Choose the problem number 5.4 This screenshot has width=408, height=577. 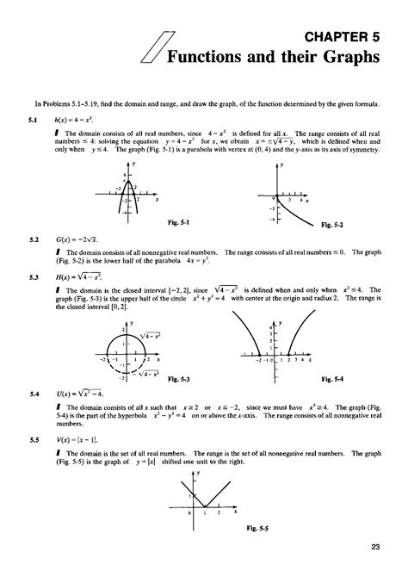[34, 393]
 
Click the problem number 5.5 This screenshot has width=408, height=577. [34, 438]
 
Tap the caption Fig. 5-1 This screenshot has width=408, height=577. [178, 220]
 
